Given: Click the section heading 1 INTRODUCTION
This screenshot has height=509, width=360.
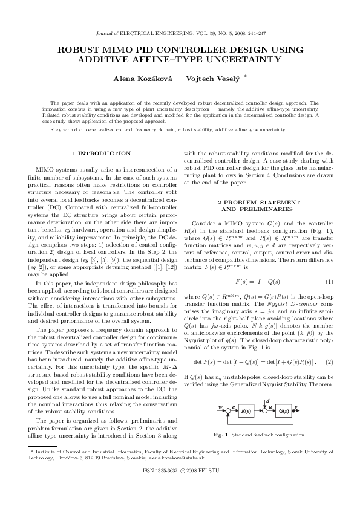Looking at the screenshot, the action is tap(101, 154).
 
